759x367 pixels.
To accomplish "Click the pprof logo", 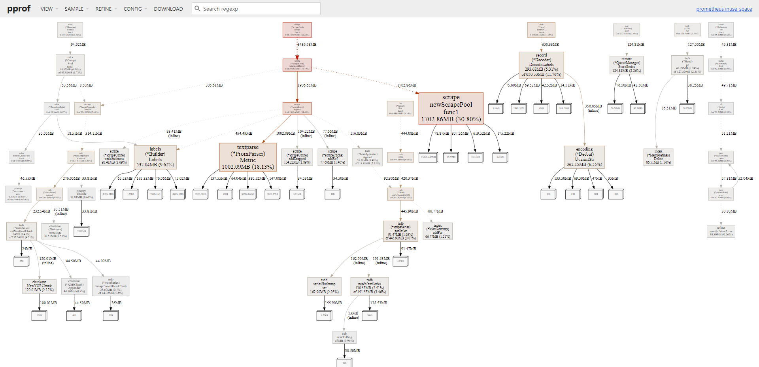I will click(19, 9).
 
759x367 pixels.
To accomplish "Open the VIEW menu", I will click(47, 9).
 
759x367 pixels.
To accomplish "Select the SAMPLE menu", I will click(74, 9).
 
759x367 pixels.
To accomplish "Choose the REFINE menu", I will click(104, 9).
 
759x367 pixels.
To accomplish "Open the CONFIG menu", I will click(133, 9).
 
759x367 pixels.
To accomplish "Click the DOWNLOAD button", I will click(168, 9).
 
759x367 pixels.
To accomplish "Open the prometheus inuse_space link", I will click(724, 9).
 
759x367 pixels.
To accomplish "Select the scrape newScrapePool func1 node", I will click(451, 108).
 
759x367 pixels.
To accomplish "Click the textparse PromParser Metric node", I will click(248, 157).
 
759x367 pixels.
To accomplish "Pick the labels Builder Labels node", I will click(155, 157).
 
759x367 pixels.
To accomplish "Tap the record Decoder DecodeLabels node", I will click(541, 65).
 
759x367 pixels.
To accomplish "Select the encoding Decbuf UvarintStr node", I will click(584, 157).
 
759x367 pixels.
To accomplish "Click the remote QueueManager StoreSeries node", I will click(627, 65).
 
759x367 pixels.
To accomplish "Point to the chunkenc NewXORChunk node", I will click(39, 286).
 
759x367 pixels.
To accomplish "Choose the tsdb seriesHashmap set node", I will click(324, 286).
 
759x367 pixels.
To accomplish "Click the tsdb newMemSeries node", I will click(370, 286).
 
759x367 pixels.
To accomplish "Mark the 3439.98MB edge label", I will click(307, 45).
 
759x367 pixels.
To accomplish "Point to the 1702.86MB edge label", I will click(406, 85).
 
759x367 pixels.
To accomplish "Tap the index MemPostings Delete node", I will click(658, 157).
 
